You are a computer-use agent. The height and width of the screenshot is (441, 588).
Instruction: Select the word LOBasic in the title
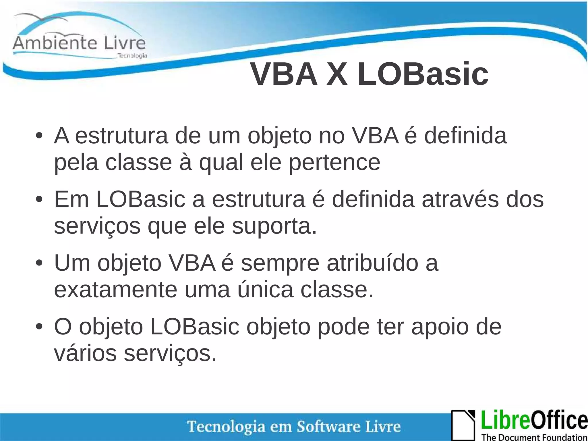point(423,74)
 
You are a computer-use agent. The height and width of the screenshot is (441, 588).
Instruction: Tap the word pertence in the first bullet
point(334,163)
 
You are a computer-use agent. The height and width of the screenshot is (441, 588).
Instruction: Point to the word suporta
point(274,226)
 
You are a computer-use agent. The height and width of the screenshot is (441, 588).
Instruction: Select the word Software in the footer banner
point(328,427)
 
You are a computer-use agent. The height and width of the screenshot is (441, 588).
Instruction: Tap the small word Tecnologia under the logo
point(132,56)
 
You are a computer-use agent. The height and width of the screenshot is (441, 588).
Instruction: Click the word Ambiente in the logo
point(54,43)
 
